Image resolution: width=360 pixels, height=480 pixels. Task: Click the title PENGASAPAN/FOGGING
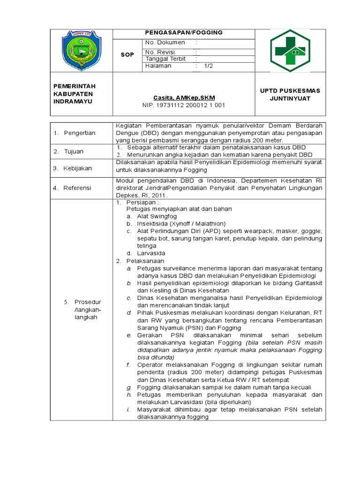183,33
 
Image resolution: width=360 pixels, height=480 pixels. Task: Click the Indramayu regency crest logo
81,51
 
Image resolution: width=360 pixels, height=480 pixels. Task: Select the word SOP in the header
127,55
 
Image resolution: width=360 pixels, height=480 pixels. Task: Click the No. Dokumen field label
165,43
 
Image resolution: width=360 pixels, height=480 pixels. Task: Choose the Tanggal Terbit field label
165,59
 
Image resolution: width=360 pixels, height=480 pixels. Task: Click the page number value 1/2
208,67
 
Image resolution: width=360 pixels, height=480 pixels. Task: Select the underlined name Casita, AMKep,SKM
183,97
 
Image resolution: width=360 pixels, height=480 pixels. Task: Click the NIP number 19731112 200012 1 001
183,105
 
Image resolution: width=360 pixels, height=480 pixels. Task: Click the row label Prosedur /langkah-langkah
88,309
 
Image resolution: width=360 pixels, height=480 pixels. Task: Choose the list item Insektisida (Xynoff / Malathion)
181,224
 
